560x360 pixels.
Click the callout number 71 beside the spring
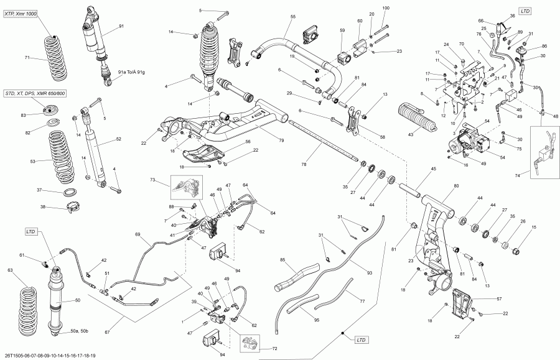coord(27,58)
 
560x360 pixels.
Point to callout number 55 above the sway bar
coord(293,16)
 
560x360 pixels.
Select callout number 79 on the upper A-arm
coord(281,141)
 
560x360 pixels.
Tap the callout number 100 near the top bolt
coord(386,7)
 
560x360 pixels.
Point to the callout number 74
coord(516,176)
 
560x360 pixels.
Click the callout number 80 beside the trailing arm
coord(456,186)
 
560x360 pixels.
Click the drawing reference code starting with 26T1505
coord(50,356)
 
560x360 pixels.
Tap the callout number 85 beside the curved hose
coord(282,259)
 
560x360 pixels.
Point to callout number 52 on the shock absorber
coord(118,139)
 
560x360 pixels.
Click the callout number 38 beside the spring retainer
coord(43,207)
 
